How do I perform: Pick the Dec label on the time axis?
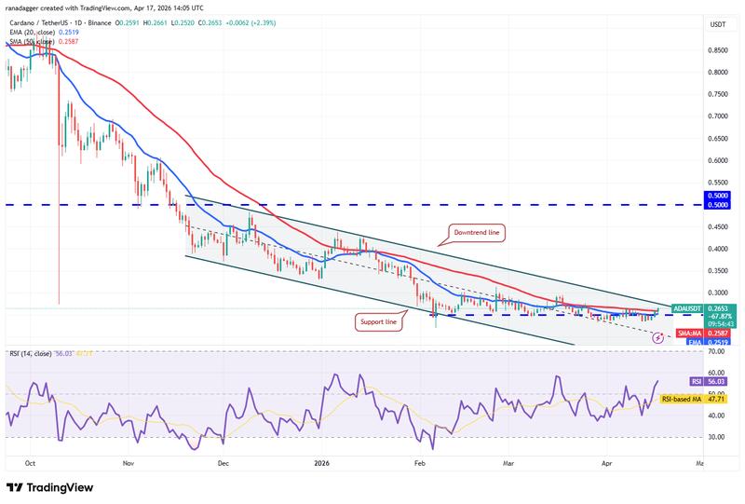pos(223,461)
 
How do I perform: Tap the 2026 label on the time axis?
pos(321,461)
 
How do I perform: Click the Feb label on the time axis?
pos(420,461)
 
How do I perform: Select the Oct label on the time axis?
pos(31,461)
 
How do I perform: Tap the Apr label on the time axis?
pos(606,461)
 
